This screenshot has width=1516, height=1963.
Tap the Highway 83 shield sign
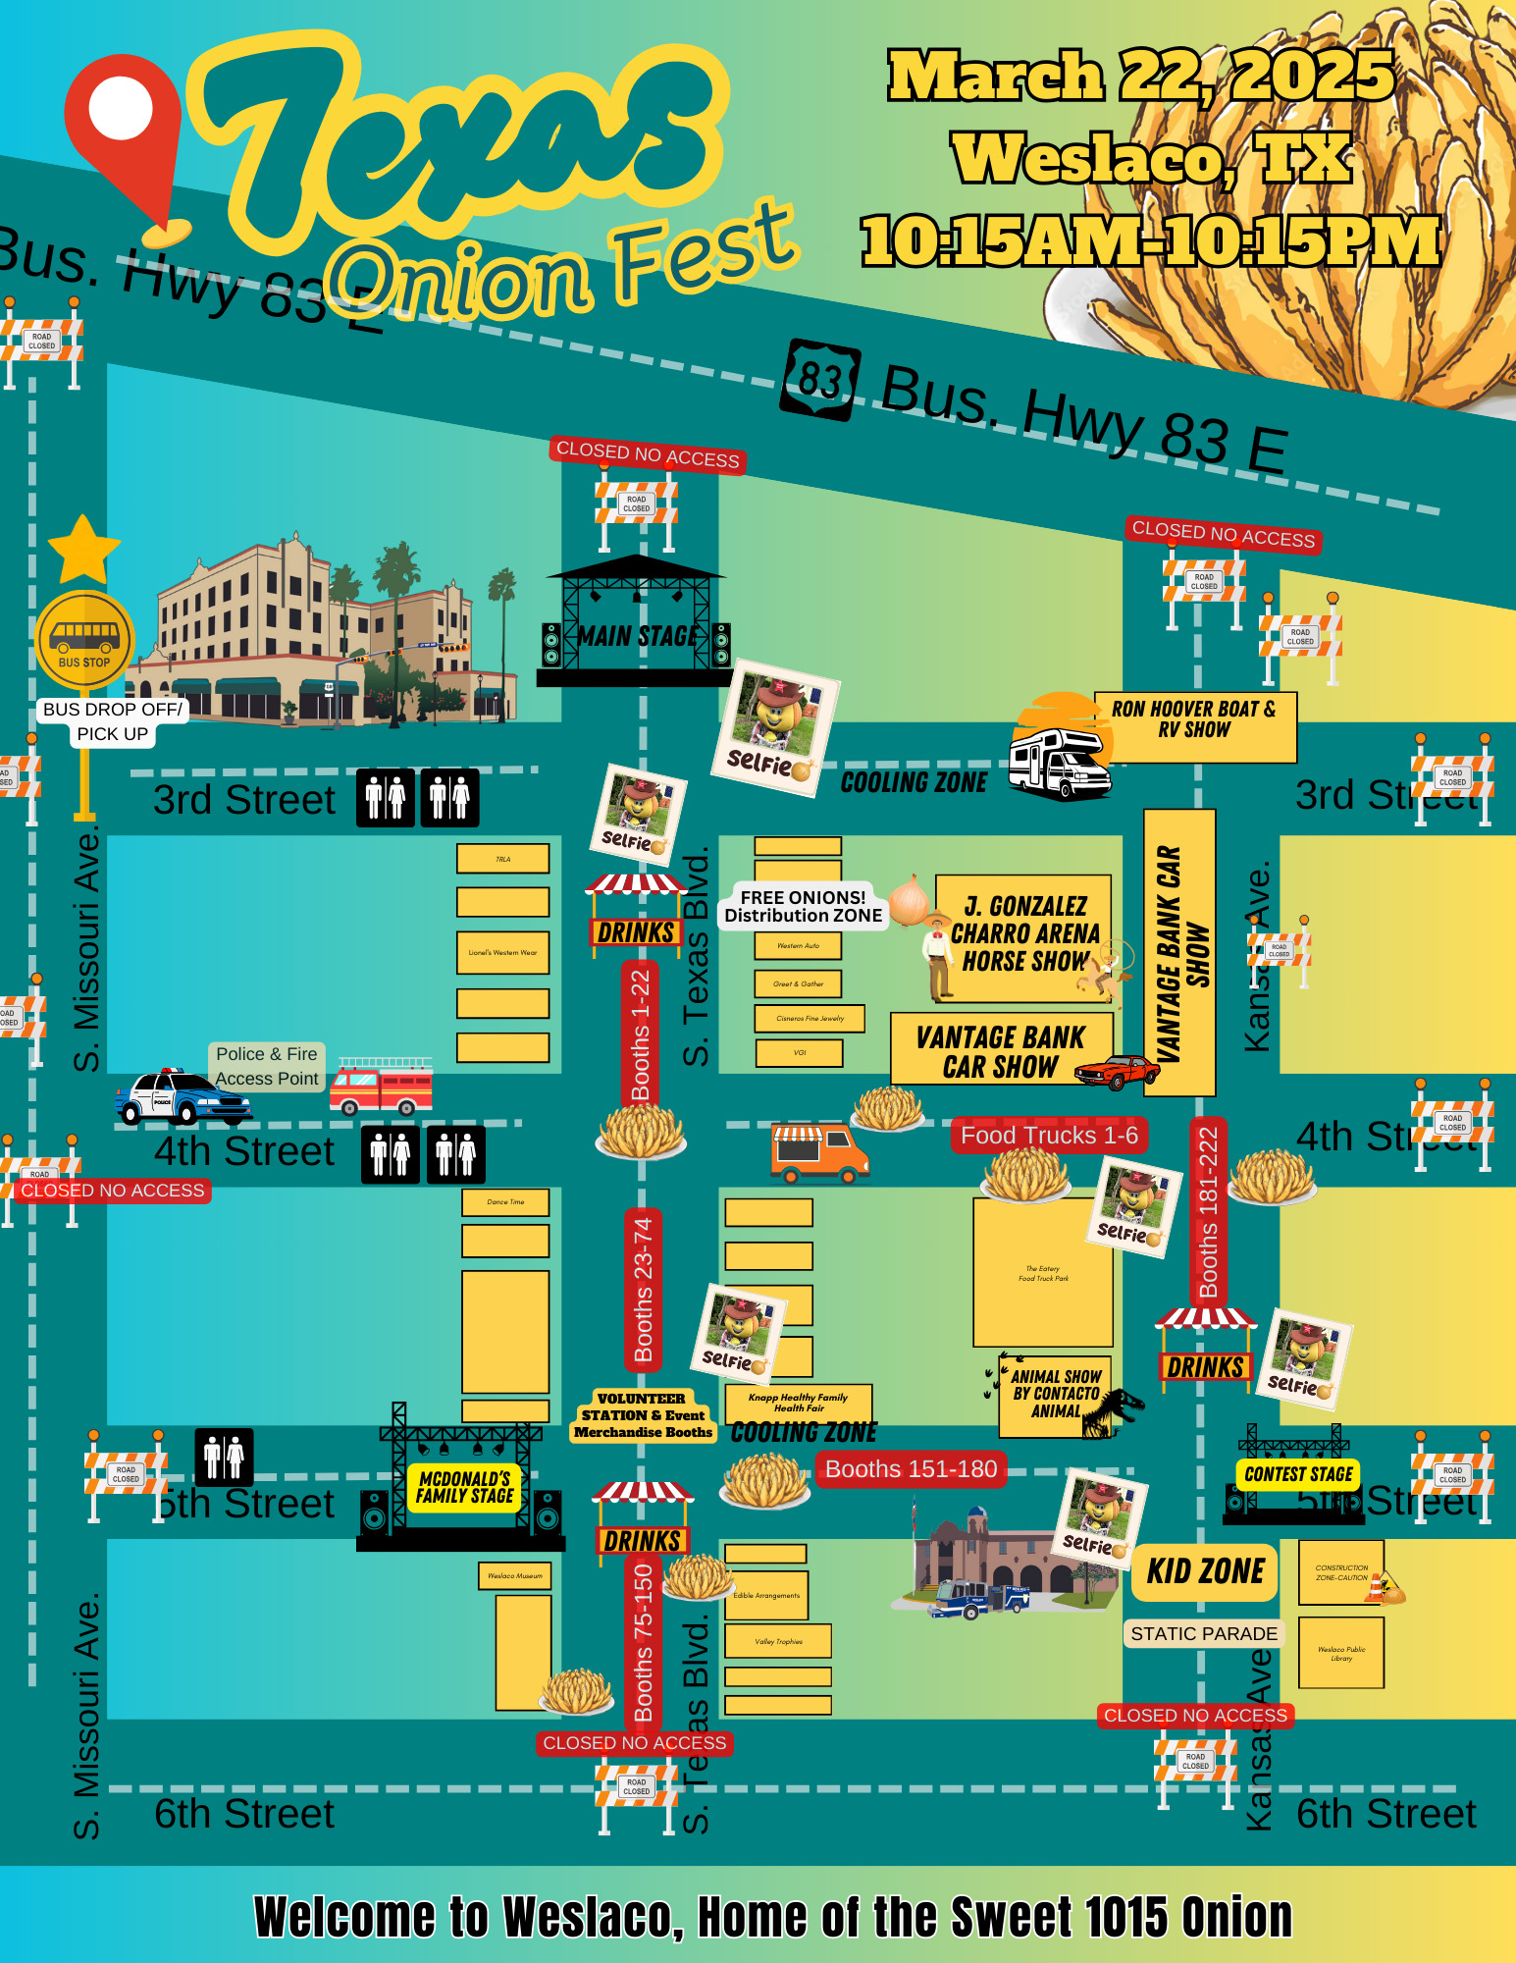(x=821, y=379)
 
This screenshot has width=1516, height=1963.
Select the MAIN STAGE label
(x=638, y=636)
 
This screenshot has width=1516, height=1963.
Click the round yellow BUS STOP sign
(x=84, y=640)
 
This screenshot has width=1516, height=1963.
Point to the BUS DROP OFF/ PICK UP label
(x=113, y=721)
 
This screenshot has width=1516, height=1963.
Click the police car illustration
(x=183, y=1097)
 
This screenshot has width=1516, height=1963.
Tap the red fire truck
(x=382, y=1087)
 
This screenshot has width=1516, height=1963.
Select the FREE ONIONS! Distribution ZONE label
(x=803, y=907)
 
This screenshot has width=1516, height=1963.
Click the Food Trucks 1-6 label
(x=1049, y=1136)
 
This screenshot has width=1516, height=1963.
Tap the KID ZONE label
(x=1205, y=1571)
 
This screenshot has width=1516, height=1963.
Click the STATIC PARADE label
(x=1204, y=1633)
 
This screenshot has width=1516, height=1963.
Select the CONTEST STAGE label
(x=1298, y=1473)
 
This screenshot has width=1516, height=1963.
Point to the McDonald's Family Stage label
(x=464, y=1487)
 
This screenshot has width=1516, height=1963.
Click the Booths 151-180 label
(x=911, y=1469)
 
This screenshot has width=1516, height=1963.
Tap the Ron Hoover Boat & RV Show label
(x=1194, y=719)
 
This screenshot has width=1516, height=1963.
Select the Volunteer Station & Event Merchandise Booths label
(x=643, y=1415)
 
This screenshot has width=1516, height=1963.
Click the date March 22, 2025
(x=1140, y=77)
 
